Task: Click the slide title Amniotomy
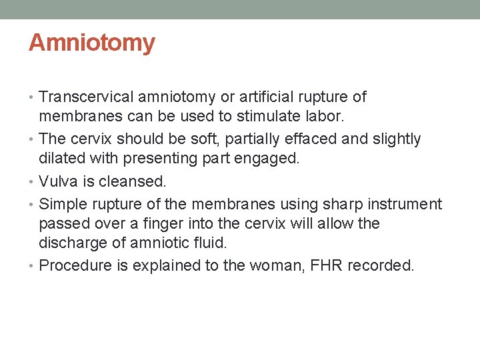(x=92, y=43)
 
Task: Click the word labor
(x=325, y=117)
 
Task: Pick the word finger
(x=175, y=223)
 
